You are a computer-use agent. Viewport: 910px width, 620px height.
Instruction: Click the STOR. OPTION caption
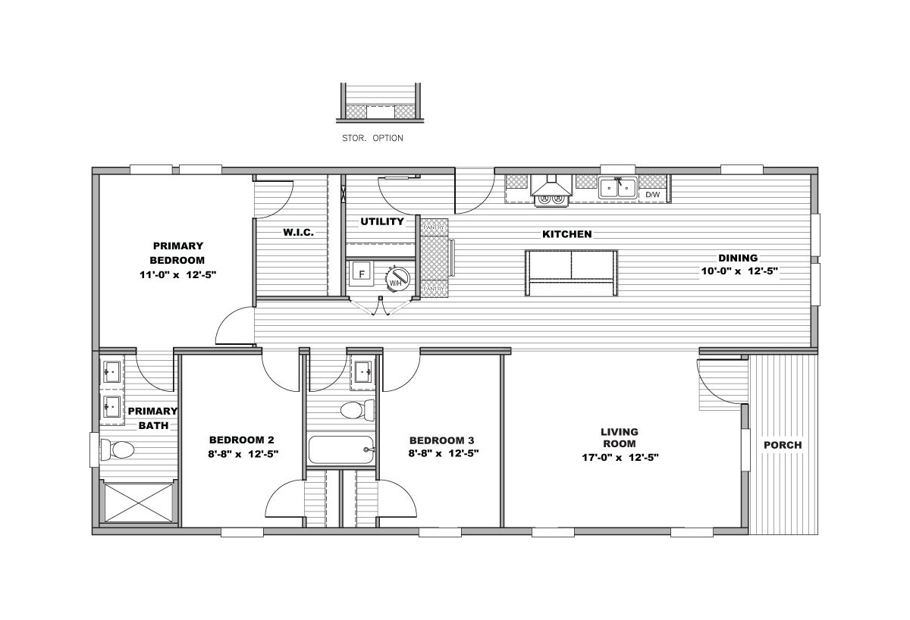coord(372,138)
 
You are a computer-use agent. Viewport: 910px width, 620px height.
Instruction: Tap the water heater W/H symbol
coord(397,279)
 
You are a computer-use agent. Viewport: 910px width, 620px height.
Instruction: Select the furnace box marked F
coord(361,274)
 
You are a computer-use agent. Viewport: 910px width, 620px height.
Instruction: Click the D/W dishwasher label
coord(652,195)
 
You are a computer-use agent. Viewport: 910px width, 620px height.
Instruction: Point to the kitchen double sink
coord(617,187)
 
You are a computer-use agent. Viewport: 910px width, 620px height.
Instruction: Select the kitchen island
coord(571,273)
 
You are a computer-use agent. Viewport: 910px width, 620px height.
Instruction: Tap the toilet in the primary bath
coord(118,450)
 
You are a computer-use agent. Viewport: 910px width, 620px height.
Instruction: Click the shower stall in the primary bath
coord(139,503)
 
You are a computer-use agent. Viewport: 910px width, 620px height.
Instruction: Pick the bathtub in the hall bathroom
coord(341,449)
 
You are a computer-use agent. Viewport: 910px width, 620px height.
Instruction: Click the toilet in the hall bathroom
coord(357,410)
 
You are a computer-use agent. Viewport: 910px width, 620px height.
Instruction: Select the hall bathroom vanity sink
coord(362,372)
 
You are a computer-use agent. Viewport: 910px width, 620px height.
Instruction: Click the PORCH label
coord(783,445)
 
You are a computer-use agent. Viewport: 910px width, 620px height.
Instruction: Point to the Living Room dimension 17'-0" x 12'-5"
coord(620,458)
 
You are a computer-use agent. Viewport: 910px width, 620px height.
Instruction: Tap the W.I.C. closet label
coord(298,233)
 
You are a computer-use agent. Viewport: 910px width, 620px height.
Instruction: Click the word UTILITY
coord(382,221)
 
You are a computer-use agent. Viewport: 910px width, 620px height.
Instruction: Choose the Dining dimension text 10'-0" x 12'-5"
coord(739,271)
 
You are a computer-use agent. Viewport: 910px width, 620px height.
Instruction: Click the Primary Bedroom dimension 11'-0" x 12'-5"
coord(177,275)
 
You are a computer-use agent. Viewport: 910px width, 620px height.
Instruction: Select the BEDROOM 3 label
coord(441,440)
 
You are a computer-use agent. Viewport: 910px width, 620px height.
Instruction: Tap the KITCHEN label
coord(566,234)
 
